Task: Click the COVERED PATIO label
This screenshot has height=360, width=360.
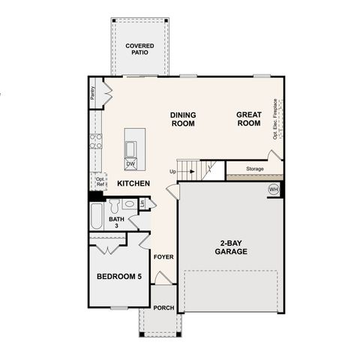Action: (x=139, y=49)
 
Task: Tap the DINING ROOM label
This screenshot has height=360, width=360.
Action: (x=183, y=119)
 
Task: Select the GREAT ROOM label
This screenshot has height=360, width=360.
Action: (x=249, y=119)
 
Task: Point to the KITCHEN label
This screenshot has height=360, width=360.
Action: (x=133, y=183)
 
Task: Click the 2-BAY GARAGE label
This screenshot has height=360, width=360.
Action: (x=229, y=248)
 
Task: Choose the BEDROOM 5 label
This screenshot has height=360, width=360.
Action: (x=119, y=277)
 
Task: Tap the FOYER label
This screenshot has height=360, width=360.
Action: (x=163, y=257)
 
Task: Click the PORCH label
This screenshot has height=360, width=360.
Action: (x=163, y=308)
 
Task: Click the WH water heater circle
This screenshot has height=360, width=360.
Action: (x=273, y=189)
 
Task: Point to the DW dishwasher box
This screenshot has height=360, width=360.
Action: (x=130, y=163)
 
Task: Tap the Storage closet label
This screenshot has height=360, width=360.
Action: (x=255, y=169)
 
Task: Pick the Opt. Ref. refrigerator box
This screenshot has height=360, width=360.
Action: (x=99, y=181)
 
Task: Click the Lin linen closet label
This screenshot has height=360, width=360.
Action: (x=141, y=203)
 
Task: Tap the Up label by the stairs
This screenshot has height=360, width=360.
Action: (x=173, y=172)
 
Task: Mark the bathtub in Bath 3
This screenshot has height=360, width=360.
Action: (x=95, y=218)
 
